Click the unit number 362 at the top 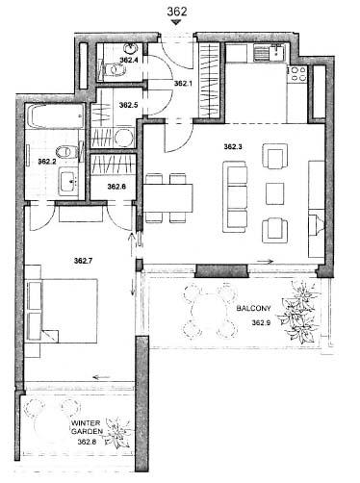(176, 12)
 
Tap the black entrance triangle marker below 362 (176, 22)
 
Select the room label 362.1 (183, 84)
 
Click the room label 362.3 (233, 147)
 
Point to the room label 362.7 (83, 261)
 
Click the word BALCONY (253, 309)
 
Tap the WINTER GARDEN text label (87, 427)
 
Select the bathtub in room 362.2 (55, 116)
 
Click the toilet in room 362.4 (113, 69)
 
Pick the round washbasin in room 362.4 (131, 49)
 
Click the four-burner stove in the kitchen (298, 73)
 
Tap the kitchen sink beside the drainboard (277, 53)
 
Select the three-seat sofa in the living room (235, 197)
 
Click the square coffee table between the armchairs (275, 194)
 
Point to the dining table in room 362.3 (167, 197)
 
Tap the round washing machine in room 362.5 (124, 139)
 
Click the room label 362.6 (116, 187)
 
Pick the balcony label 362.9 (261, 322)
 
